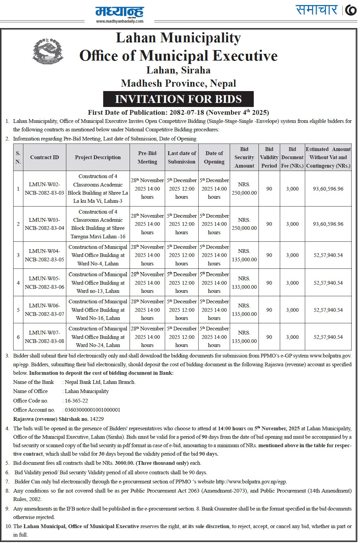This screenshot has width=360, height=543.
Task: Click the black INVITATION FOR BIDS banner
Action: [178, 99]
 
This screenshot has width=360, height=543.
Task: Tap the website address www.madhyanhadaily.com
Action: [120, 21]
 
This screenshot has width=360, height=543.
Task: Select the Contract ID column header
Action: [44, 157]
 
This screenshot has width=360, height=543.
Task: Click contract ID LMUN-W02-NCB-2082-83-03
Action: [44, 189]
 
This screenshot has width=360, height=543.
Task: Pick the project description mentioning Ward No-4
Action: [98, 255]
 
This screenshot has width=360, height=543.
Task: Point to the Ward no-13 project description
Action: [98, 283]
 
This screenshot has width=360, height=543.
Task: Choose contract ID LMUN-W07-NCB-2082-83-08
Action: [44, 337]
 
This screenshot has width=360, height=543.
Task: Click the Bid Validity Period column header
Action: [269, 157]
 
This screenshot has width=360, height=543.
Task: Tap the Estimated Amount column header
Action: [328, 157]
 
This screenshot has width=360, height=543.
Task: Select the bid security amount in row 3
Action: [244, 255]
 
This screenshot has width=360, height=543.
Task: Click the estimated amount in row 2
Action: [328, 224]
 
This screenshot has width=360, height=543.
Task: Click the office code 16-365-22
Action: [76, 400]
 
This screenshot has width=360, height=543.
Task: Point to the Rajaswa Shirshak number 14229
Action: [97, 419]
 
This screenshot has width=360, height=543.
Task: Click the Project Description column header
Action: [98, 157]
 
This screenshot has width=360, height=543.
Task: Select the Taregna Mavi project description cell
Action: [98, 224]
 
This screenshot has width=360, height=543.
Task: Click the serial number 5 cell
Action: [18, 310]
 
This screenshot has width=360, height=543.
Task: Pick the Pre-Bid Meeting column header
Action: [147, 157]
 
